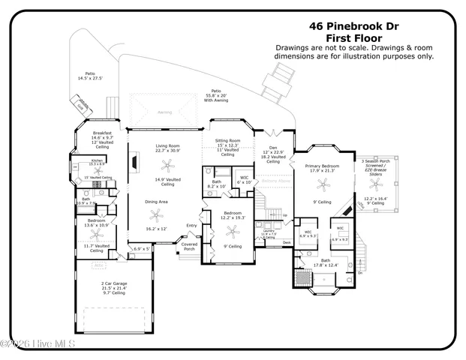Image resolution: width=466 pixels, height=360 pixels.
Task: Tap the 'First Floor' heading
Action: tap(354, 37)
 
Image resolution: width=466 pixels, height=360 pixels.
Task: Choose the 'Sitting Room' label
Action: tap(227, 140)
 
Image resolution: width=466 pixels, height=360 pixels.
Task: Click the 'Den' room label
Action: tap(273, 147)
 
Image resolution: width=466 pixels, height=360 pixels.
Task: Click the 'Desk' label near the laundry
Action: tap(287, 242)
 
